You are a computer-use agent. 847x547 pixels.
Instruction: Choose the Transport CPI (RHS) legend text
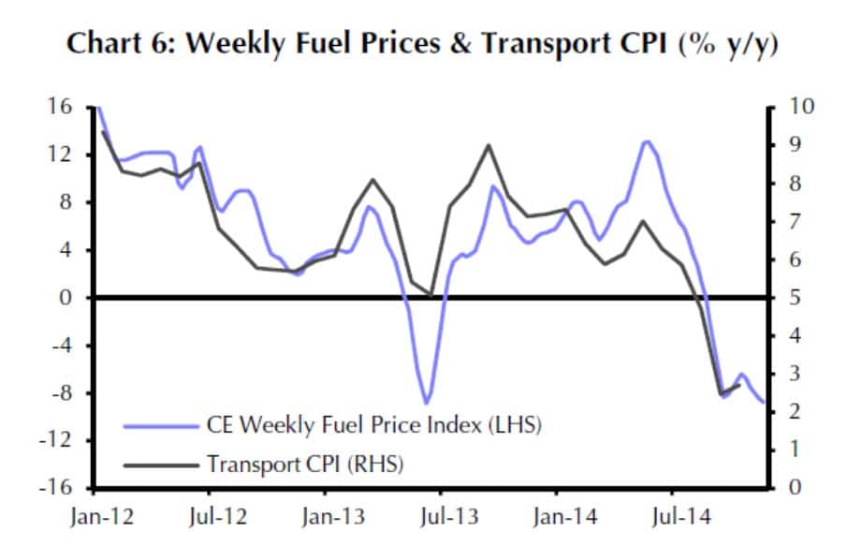[x=305, y=463]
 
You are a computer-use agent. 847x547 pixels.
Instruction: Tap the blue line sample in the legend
[x=162, y=425]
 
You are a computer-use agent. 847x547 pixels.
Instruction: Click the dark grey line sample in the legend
[x=162, y=463]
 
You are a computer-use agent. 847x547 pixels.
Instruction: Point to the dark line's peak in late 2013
[x=488, y=145]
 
